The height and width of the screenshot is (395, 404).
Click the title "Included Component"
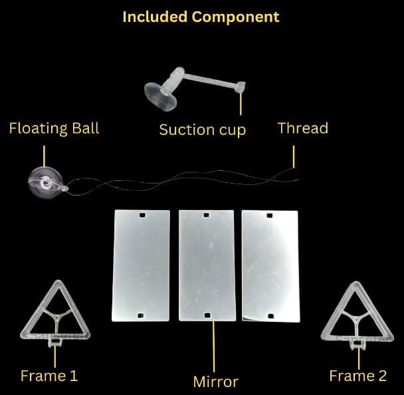(201, 17)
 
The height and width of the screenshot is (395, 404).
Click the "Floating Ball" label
(54, 128)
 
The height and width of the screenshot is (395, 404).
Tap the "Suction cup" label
(202, 130)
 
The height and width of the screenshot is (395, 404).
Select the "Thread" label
(302, 128)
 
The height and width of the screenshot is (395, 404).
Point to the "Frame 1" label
(49, 376)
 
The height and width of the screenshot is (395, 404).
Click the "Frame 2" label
(357, 376)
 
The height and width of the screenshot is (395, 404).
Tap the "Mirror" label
(215, 381)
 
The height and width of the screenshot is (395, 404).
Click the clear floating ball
(45, 181)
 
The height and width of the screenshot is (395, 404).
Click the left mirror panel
(141, 265)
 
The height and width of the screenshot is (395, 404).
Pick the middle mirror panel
(207, 265)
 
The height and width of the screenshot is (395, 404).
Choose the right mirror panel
(270, 265)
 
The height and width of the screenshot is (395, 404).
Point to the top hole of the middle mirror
(207, 215)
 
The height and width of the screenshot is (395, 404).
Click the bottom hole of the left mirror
(141, 315)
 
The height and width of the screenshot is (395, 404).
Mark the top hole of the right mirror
(269, 215)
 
